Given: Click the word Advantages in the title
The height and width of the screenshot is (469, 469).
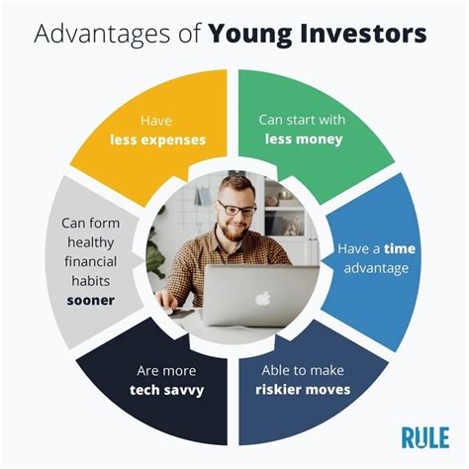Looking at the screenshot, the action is click(x=101, y=35).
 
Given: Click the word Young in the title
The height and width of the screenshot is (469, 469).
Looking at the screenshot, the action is click(x=250, y=35).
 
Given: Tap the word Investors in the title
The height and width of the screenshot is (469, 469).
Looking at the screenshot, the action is click(x=363, y=33).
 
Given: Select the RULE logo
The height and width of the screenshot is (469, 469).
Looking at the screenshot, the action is click(x=425, y=438).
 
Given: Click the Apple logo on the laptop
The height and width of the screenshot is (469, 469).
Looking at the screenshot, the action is click(x=263, y=298).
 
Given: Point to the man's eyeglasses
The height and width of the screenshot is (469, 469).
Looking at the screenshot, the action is click(x=236, y=209).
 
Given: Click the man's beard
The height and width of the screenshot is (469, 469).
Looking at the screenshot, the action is click(x=234, y=231).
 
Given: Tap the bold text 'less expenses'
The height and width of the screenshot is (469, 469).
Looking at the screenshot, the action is click(x=158, y=140).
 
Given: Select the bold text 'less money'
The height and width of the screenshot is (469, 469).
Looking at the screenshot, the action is click(x=304, y=140).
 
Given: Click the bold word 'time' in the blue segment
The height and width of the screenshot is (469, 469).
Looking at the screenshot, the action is click(x=400, y=248).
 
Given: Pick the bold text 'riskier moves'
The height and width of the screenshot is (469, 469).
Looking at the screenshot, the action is click(x=303, y=390).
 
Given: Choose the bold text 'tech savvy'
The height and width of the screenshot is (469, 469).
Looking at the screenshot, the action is click(x=167, y=390).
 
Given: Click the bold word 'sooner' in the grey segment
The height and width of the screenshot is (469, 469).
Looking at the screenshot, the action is click(x=91, y=301).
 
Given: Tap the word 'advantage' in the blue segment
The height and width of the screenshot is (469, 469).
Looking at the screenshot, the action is click(x=376, y=268).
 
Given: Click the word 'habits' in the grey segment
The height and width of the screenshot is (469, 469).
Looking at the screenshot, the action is click(x=91, y=281).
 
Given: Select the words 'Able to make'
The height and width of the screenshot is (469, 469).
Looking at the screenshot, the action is click(x=303, y=370).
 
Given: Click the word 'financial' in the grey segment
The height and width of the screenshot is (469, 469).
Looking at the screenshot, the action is click(x=91, y=261).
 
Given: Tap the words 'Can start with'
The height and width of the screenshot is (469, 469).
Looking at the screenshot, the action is click(x=302, y=120).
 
